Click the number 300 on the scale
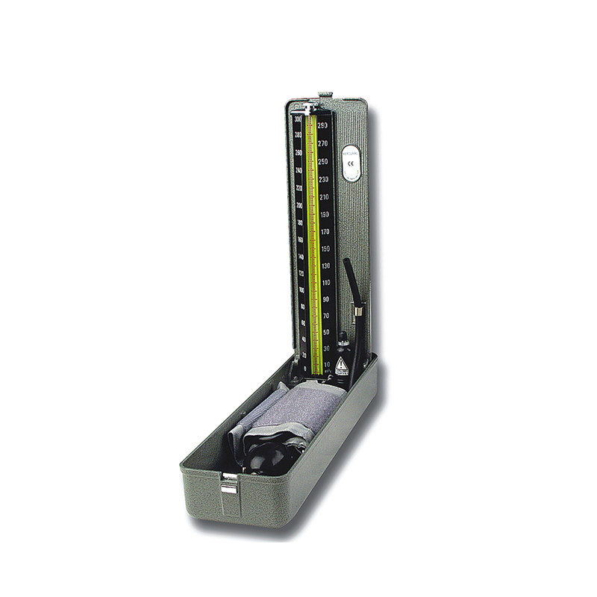[298, 119]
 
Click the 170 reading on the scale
[325, 231]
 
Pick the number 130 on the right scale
[325, 266]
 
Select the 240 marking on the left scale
[298, 170]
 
